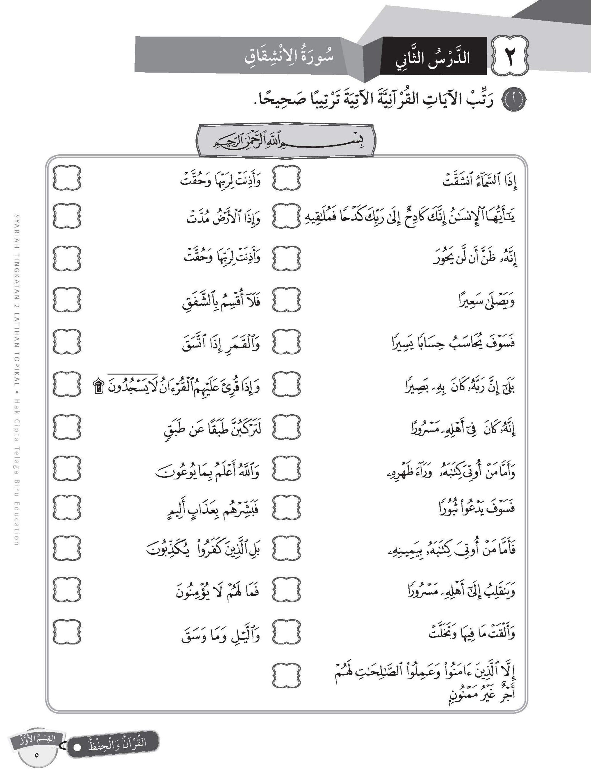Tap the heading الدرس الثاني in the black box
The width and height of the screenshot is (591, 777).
point(433,60)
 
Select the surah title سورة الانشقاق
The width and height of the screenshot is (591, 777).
point(288,58)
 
